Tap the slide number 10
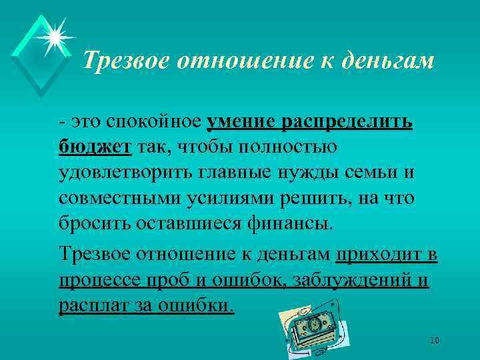(435, 340)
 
